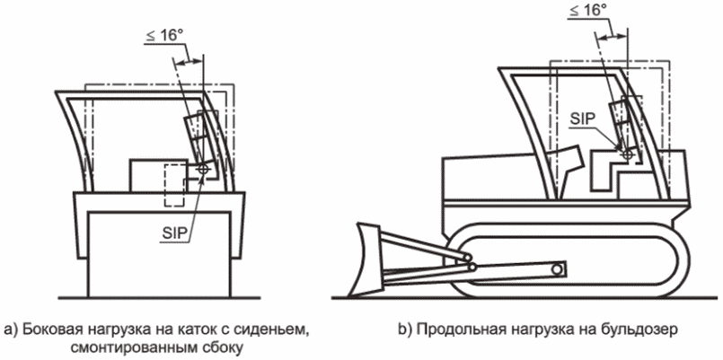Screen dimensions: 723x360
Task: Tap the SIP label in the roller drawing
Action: point(175,233)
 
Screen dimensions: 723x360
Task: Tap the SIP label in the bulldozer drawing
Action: point(584,118)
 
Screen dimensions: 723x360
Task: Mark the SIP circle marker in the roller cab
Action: point(203,170)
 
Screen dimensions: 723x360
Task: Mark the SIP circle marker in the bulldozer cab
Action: point(626,154)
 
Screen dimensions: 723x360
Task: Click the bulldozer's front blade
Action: point(368,259)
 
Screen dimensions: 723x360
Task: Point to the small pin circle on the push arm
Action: point(559,268)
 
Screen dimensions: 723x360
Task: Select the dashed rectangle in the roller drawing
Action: point(174,186)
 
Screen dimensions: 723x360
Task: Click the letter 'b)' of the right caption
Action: point(404,330)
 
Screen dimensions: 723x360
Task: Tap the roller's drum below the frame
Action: point(160,254)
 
